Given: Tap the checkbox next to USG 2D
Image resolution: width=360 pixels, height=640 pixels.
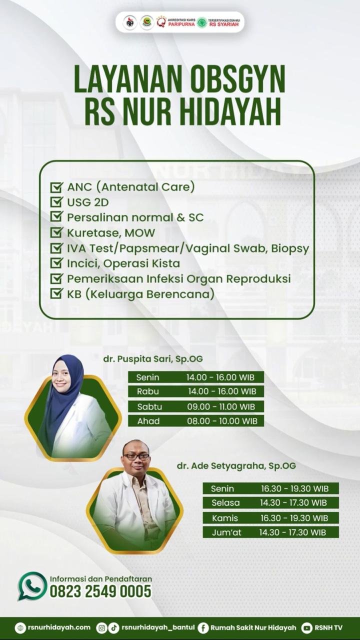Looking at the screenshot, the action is point(56,201).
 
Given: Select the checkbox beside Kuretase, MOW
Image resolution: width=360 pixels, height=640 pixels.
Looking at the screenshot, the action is point(56,232).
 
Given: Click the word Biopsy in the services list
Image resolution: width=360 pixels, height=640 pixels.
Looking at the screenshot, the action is point(290,249).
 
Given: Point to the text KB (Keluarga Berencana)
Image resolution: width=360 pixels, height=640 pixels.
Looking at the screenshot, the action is point(140,294).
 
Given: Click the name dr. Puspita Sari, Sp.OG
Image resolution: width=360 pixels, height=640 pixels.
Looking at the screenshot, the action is point(153,358).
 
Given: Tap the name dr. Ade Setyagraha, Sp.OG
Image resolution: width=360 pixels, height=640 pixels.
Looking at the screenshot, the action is point(236,465).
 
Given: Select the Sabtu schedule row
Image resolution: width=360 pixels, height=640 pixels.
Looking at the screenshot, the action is point(195,406).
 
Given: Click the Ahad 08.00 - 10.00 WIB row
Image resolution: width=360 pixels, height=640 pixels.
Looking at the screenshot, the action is point(195,421).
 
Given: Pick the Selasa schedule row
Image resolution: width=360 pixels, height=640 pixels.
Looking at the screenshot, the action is point(271,502).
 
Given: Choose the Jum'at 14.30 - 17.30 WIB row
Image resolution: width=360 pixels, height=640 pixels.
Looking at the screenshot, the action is point(271,532).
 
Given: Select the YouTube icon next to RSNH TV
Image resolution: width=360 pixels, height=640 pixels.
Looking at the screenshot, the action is point(307,627).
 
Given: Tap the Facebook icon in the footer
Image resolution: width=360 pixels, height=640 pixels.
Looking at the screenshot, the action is point(203,627).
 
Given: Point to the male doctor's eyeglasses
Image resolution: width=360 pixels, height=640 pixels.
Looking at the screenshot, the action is point(136,456).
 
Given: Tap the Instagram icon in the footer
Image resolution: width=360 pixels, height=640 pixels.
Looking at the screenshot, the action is point(101,627).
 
